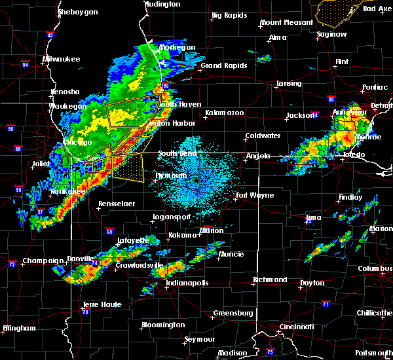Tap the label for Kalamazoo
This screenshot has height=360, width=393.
coord(224,113)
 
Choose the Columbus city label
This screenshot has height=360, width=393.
coord(375,269)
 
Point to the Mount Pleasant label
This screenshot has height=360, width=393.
coord(286,22)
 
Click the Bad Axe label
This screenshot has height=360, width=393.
coord(377,9)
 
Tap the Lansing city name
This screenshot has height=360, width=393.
coord(288,84)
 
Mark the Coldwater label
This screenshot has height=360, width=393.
coord(263,135)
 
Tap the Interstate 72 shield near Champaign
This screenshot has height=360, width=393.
coord(12,264)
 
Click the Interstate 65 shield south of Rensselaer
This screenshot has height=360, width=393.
coord(109,231)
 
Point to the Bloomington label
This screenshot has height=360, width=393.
coord(163,325)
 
